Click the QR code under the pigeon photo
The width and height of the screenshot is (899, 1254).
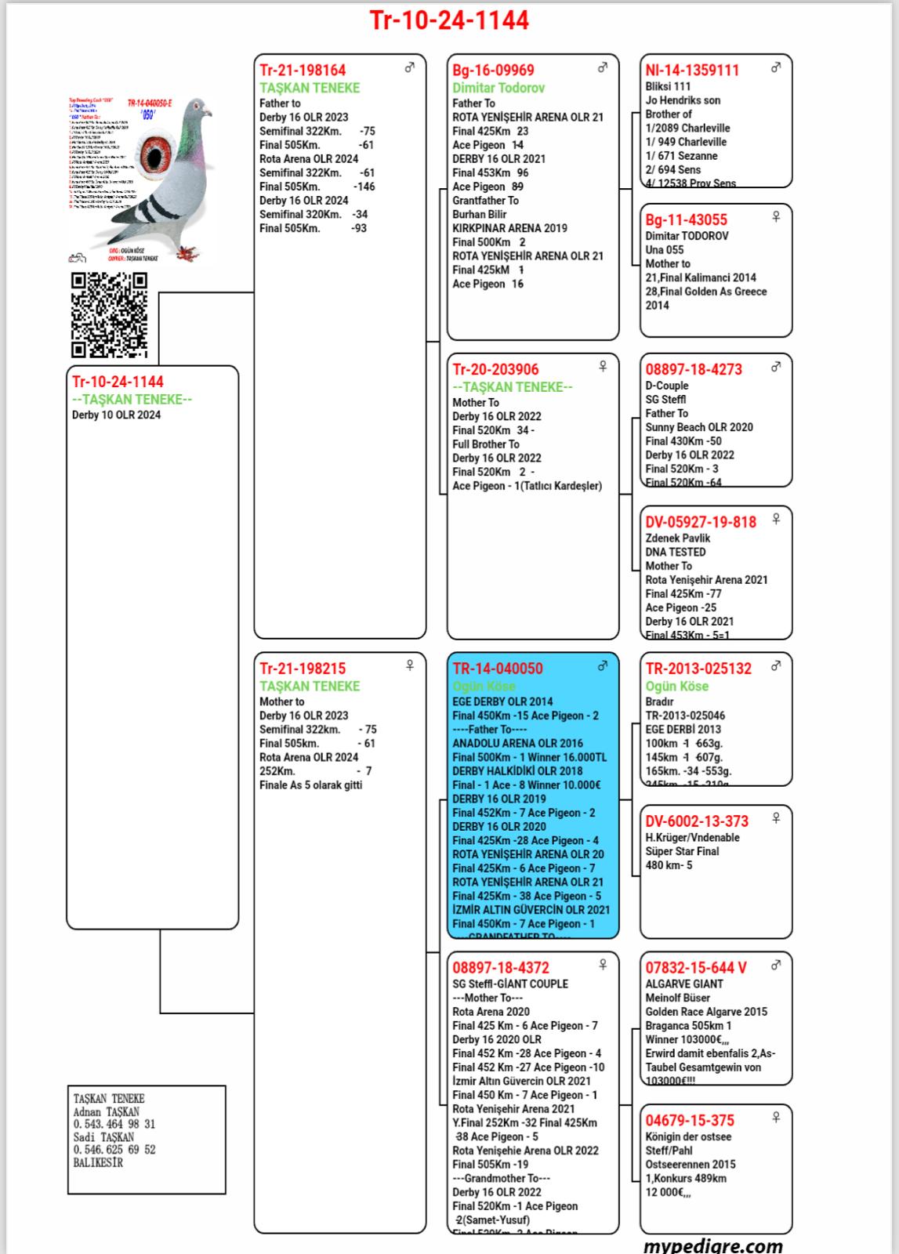point(109,315)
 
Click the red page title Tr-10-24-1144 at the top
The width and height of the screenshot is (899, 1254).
point(449,20)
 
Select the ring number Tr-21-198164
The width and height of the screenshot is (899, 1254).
point(303,70)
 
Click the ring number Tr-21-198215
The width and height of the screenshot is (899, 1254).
point(303,669)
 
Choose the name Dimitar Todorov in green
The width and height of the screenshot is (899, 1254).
point(498,88)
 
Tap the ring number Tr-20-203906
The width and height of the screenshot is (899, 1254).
point(495,369)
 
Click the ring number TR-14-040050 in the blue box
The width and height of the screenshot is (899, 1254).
point(498,669)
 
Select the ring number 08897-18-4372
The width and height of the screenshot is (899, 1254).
point(501,968)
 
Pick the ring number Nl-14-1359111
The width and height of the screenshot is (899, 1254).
point(692,70)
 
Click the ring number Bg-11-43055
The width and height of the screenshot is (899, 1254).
point(687,219)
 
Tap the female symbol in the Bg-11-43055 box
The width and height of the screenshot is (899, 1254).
point(776,216)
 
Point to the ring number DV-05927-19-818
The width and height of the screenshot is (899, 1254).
point(701,522)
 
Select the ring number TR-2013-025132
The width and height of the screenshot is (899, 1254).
point(698,669)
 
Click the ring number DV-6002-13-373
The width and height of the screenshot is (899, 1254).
point(697,821)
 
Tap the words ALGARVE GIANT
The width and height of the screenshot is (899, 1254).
point(684,984)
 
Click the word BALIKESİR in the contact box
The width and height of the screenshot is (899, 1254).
point(98,1162)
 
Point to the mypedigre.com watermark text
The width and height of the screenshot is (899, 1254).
point(712,1245)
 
